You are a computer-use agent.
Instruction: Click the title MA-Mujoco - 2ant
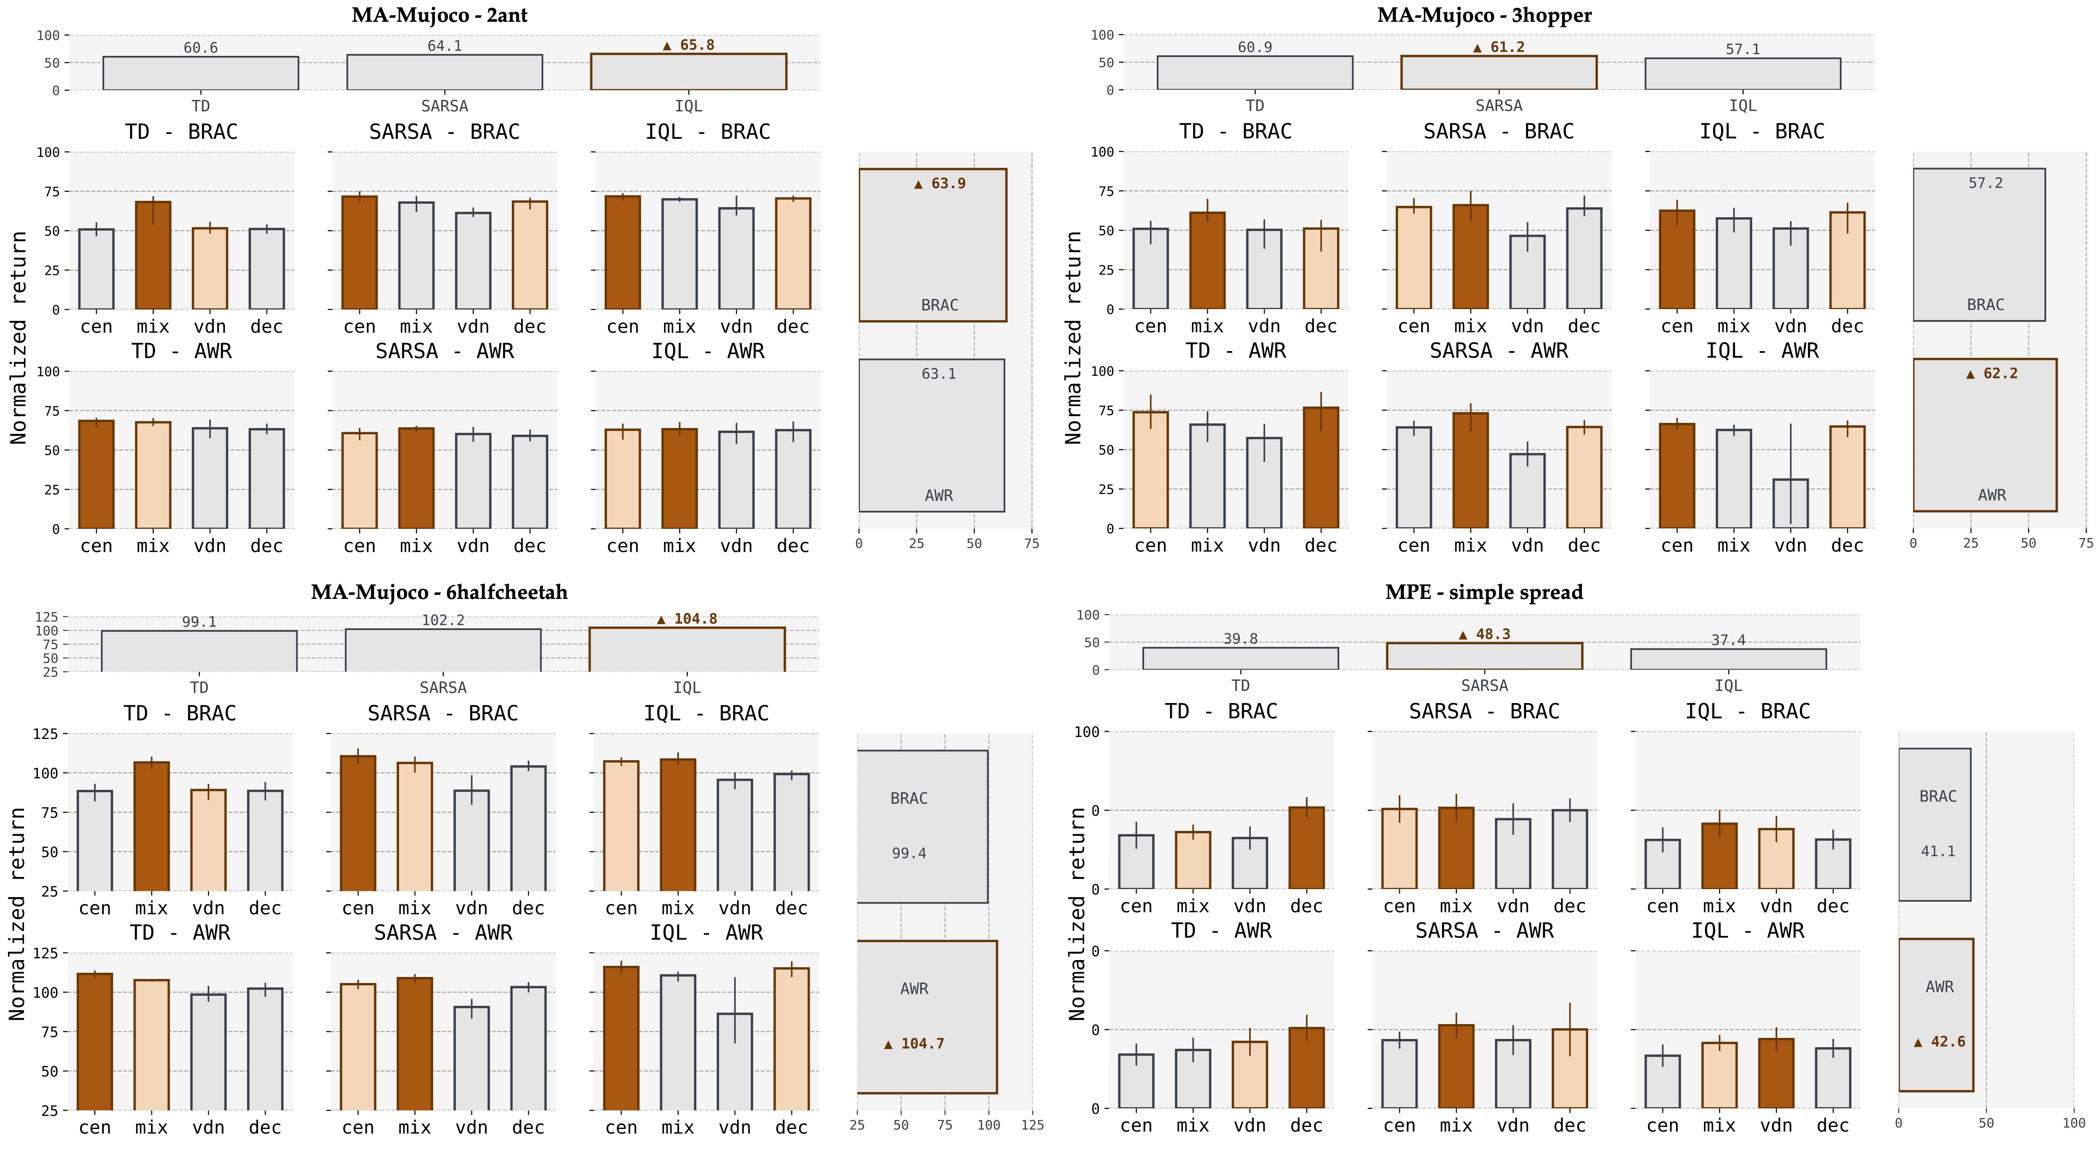pos(439,16)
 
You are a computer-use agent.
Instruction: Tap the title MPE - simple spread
pos(1484,593)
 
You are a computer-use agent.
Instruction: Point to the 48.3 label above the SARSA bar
pos(1484,634)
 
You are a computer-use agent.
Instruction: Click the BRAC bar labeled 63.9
pos(933,244)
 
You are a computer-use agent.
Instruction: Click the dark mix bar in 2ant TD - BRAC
pos(153,255)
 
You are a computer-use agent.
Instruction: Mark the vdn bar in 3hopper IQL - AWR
pos(1790,503)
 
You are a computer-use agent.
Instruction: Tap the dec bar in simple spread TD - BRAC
pos(1306,848)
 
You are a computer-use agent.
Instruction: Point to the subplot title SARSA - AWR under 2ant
pos(444,351)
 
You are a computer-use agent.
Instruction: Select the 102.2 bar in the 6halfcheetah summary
pos(443,650)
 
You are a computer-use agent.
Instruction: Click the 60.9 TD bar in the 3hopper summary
pos(1255,73)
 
